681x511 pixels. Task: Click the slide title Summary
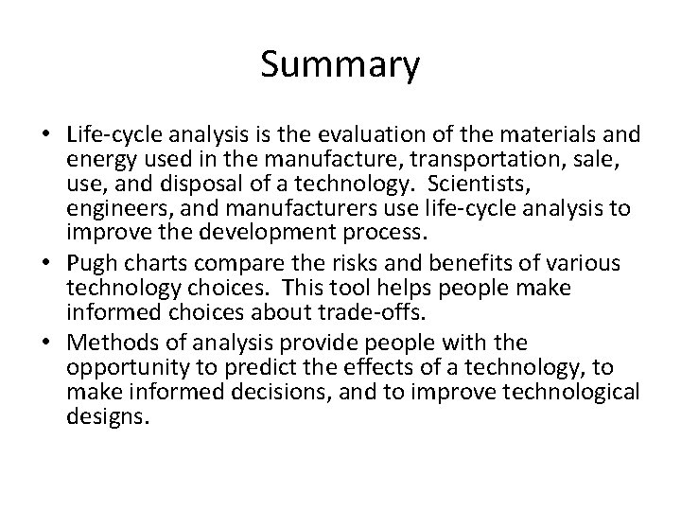[340, 66]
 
